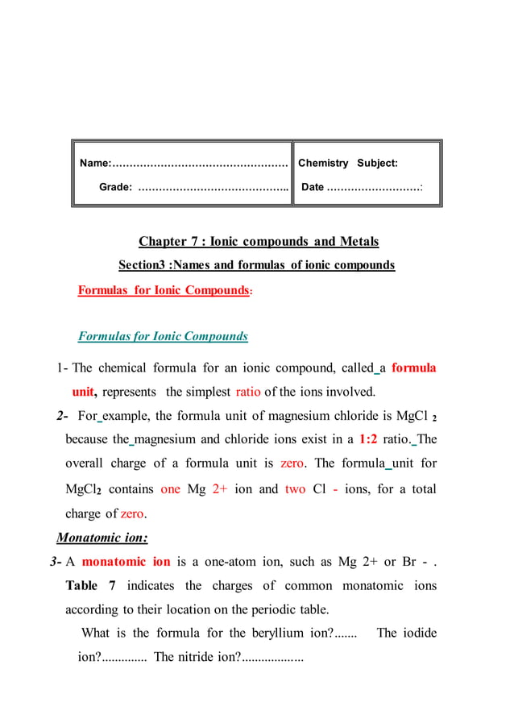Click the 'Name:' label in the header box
[x=95, y=164]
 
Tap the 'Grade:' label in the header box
[x=116, y=188]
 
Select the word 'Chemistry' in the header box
[x=323, y=164]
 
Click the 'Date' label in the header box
[x=313, y=188]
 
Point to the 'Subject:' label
[x=377, y=164]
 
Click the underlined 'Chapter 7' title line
[x=259, y=242]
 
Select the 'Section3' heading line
[x=256, y=265]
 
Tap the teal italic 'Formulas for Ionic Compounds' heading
[x=163, y=336]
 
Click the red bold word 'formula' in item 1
[x=413, y=368]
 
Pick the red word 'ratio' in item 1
[x=248, y=393]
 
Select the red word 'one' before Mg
[x=170, y=488]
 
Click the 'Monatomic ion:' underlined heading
[x=102, y=538]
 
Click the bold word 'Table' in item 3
[x=82, y=585]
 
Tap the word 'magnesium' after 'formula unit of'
[x=301, y=416]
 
